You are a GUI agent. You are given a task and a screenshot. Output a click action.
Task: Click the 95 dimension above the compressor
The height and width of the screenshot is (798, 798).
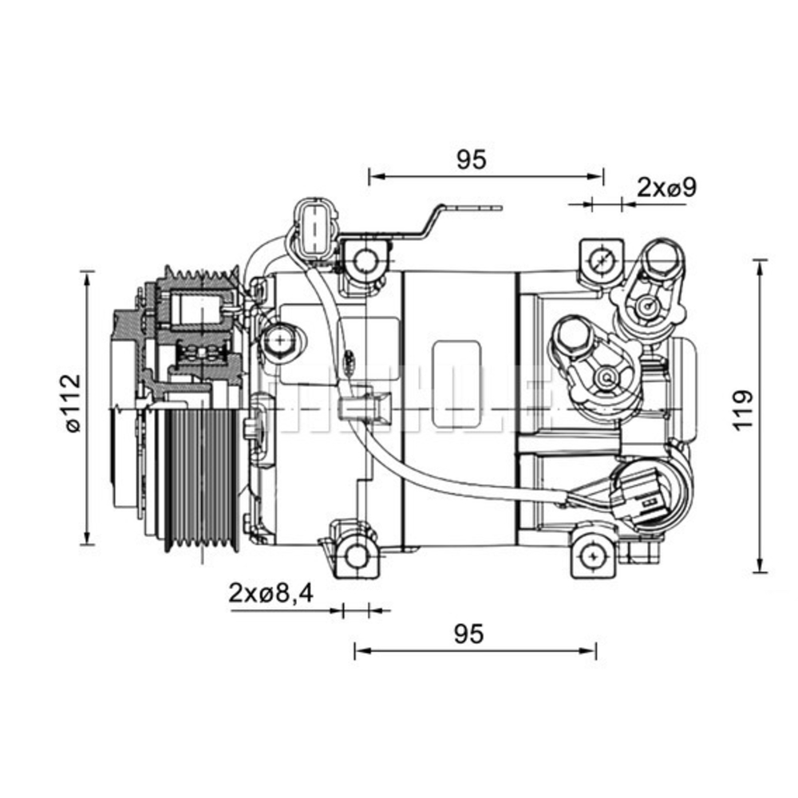(x=471, y=160)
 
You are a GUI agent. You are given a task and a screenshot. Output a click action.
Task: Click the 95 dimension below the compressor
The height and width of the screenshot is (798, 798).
(x=469, y=634)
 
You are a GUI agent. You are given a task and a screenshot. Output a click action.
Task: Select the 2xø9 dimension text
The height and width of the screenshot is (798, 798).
(x=667, y=188)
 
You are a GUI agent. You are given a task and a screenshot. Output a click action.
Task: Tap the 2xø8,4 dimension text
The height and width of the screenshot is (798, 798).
(x=271, y=593)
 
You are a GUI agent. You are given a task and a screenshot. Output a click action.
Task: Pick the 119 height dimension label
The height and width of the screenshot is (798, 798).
(x=743, y=409)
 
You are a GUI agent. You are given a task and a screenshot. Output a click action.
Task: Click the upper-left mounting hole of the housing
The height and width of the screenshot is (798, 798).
(x=365, y=260)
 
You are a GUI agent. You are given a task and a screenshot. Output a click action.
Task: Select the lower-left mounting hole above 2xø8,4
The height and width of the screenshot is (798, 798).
(x=355, y=555)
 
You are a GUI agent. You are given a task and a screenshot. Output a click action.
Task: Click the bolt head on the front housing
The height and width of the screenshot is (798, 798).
(x=280, y=342)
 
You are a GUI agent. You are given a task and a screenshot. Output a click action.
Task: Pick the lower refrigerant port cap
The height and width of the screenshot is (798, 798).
(x=570, y=335)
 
